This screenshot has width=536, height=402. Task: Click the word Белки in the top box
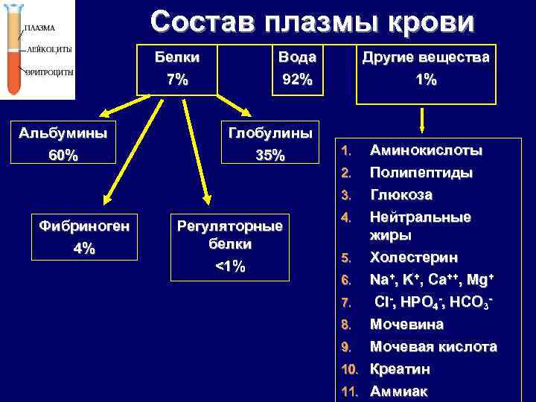point(177,57)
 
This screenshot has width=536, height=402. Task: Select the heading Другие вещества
point(426,57)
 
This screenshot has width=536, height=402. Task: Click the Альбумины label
point(63,133)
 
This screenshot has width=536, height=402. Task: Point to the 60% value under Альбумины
point(63,156)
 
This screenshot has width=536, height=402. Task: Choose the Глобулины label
point(269,133)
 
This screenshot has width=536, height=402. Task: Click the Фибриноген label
point(84,226)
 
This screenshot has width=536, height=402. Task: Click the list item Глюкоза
point(401,195)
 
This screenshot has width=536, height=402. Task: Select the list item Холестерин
point(414,258)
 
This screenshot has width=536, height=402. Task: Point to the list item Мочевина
point(406,325)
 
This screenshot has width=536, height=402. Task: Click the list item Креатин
point(400,369)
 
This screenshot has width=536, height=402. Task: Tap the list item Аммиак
point(399,392)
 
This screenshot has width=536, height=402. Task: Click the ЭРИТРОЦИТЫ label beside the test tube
point(49,73)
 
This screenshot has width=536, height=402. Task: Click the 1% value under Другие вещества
point(426,80)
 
